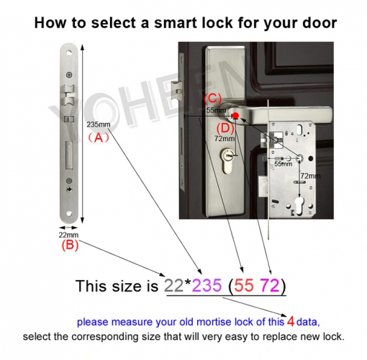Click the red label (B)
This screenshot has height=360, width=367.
tap(69, 245)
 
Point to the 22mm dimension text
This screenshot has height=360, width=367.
tap(69, 235)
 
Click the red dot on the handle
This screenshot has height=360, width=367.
tap(235, 113)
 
